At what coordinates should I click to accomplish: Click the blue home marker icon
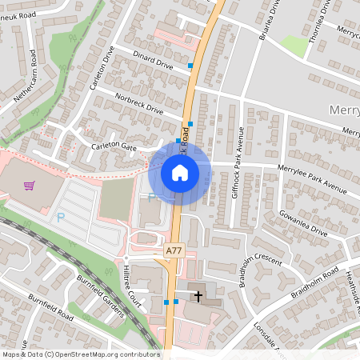pyautogui.click(x=180, y=173)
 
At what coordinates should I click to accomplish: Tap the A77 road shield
pyautogui.click(x=174, y=251)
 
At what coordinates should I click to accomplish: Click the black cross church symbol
pyautogui.click(x=198, y=297)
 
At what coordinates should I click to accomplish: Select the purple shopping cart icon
pyautogui.click(x=30, y=186)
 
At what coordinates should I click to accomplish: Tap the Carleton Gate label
pyautogui.click(x=114, y=147)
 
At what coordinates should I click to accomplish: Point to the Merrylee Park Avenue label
pyautogui.click(x=312, y=178)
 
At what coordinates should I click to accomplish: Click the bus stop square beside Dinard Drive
pyautogui.click(x=190, y=66)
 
